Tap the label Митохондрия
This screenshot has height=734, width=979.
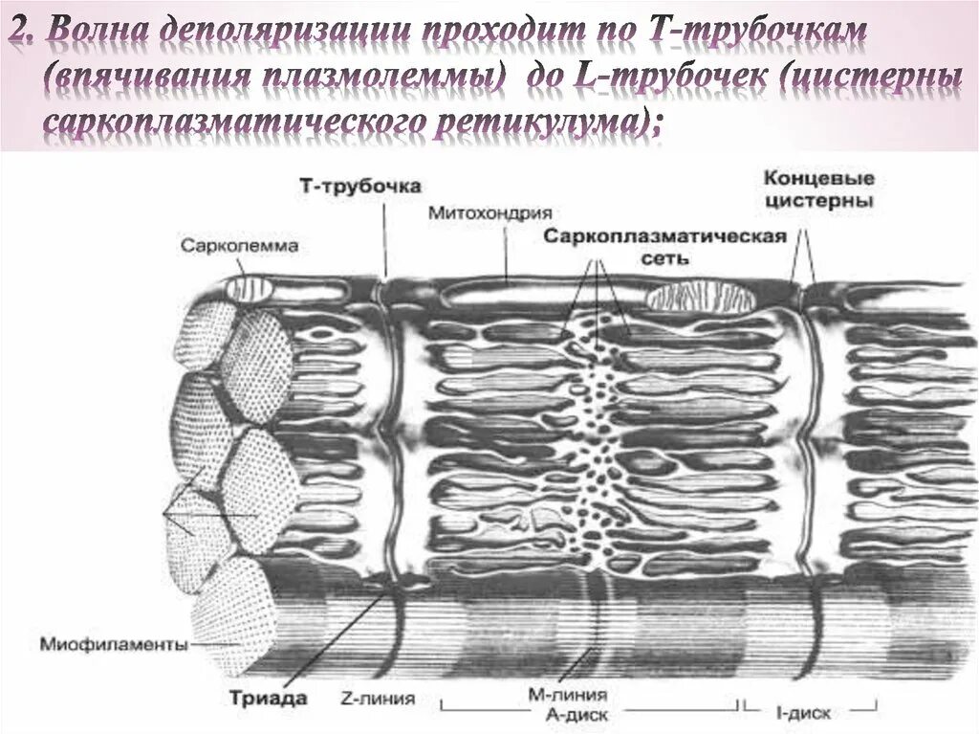click(x=490, y=212)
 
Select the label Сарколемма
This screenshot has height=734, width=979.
click(x=239, y=246)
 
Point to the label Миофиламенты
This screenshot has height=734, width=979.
click(x=113, y=644)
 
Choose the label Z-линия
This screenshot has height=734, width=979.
click(x=377, y=699)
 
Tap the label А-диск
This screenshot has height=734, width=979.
click(x=571, y=713)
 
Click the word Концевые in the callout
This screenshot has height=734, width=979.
click(x=819, y=180)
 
